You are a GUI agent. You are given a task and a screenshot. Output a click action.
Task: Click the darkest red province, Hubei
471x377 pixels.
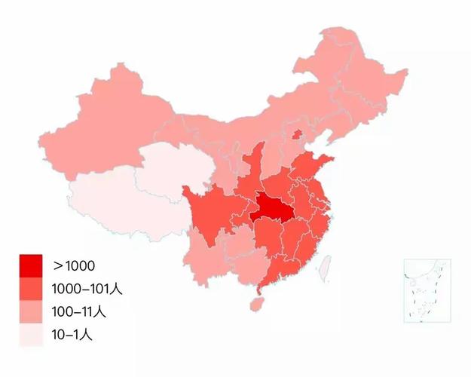[x=273, y=206]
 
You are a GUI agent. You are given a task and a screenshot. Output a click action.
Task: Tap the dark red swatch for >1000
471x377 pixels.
[x=31, y=265]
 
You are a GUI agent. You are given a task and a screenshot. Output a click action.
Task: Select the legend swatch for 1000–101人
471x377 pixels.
[x=31, y=288]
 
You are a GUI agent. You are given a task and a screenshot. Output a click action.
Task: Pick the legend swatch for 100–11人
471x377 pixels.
[x=31, y=311]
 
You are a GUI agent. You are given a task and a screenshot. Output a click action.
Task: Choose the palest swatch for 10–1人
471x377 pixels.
[x=31, y=333]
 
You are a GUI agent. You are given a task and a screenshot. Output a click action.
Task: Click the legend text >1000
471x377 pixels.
[x=74, y=265]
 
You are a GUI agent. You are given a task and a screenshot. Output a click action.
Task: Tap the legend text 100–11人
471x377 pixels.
[x=78, y=311]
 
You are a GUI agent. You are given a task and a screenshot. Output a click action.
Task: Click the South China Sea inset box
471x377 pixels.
[x=427, y=290]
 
